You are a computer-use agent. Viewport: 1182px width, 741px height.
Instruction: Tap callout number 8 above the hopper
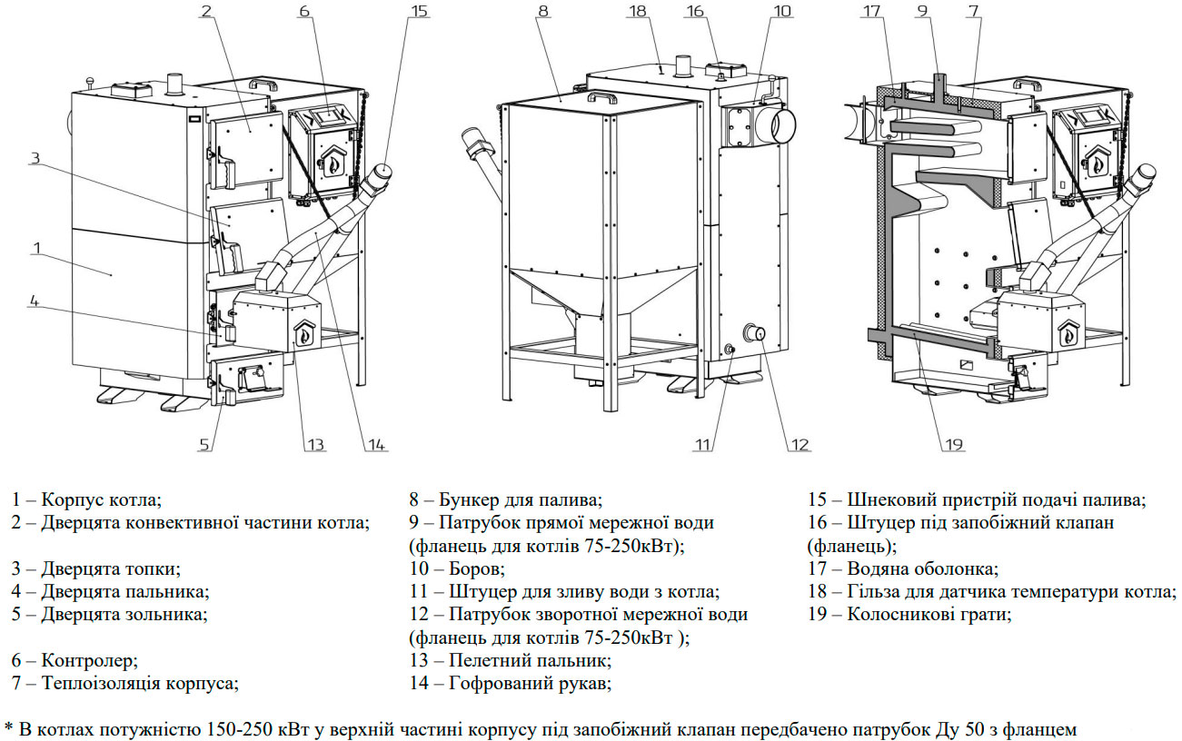542,13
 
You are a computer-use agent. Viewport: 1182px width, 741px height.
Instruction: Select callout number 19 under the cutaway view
953,444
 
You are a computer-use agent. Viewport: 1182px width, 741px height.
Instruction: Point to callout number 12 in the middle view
799,444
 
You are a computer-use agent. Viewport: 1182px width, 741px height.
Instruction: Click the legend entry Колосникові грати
929,615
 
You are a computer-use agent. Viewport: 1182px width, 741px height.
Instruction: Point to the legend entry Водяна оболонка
922,569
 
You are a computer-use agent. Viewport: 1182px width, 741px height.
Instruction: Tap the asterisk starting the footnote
9,727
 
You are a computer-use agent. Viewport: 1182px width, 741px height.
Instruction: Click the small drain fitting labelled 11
729,348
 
